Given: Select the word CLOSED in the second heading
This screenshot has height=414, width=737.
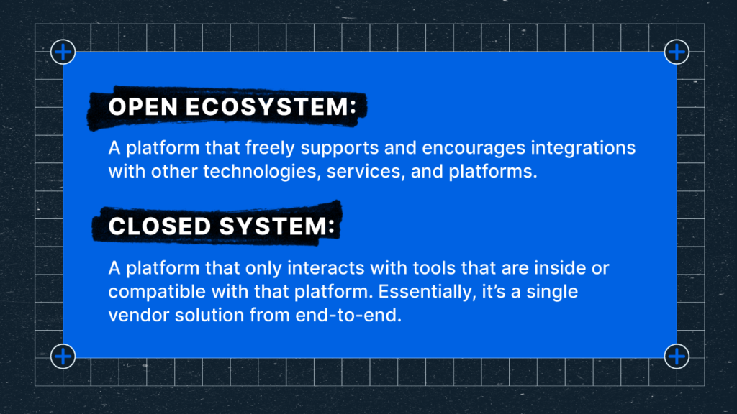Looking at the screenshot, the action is (160, 226).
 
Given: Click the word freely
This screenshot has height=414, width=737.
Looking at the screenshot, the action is (270, 148).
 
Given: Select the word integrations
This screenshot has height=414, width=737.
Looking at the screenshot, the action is (583, 149).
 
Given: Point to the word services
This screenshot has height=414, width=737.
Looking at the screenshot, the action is (366, 172).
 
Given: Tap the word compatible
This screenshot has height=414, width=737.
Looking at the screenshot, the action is (157, 293).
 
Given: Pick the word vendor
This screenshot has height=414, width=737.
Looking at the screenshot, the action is (139, 315).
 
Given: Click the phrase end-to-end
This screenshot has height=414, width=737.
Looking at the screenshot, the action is (348, 315).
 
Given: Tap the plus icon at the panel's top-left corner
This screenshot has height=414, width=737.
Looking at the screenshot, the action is (63, 52).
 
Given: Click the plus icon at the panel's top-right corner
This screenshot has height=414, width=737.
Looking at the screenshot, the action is (677, 52).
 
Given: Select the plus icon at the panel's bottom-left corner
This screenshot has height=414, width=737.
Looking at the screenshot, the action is (63, 356).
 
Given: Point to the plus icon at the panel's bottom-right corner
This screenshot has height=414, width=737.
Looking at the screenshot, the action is (677, 356).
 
